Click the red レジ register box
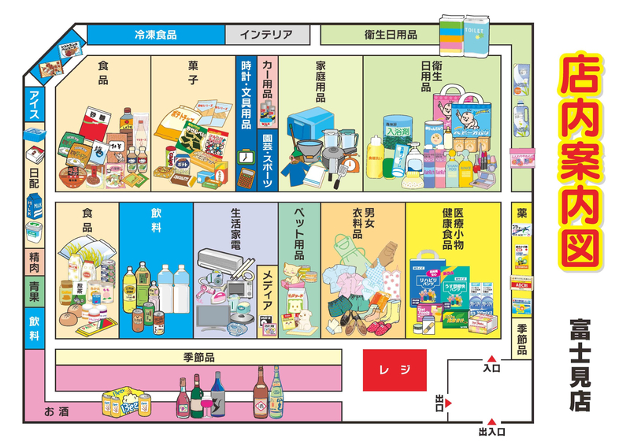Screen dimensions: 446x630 [x=395, y=370]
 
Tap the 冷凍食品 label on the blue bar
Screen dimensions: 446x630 [x=155, y=35]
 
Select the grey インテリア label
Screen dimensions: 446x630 [x=266, y=35]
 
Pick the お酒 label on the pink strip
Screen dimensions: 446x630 [x=57, y=411]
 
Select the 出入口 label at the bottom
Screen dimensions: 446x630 [x=491, y=432]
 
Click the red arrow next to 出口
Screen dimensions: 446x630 [x=449, y=403]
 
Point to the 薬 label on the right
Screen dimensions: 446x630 [x=522, y=213]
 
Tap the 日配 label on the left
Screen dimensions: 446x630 [x=35, y=177]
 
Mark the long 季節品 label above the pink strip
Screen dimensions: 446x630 [x=198, y=357]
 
